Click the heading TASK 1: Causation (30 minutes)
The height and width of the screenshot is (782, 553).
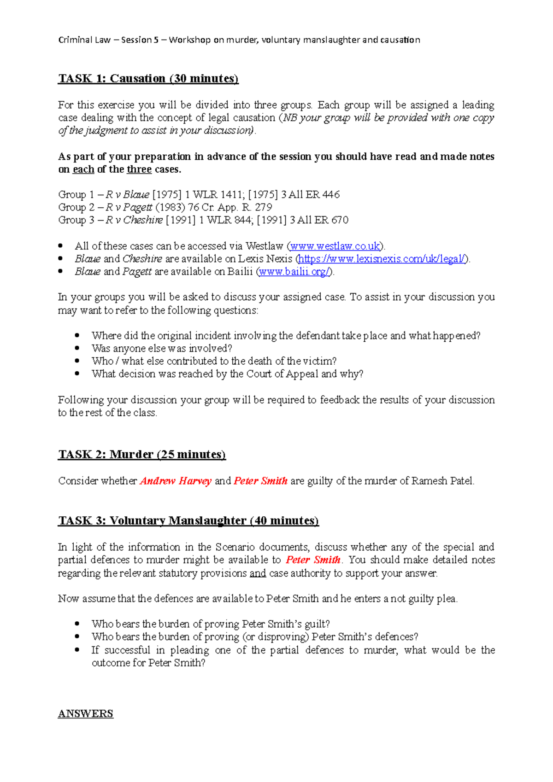click(148, 79)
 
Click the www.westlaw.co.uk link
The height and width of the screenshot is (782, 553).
click(335, 246)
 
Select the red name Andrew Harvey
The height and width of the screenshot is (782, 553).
click(176, 481)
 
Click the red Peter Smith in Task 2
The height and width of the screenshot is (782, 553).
click(260, 481)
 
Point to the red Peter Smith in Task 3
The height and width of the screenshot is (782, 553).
click(313, 560)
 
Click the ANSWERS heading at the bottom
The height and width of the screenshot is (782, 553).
click(86, 714)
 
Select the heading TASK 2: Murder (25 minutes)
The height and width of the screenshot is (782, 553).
click(141, 455)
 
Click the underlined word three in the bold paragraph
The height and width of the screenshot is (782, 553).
click(139, 169)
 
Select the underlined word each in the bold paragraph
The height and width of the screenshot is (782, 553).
click(83, 169)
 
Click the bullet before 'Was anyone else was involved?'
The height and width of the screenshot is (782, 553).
click(77, 349)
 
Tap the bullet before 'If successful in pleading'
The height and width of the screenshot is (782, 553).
click(77, 650)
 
